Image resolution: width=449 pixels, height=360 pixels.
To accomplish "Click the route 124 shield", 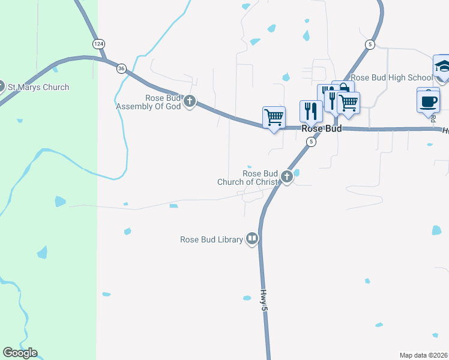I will pyautogui.click(x=98, y=44).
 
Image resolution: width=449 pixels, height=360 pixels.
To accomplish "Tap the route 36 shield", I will pyautogui.click(x=122, y=68).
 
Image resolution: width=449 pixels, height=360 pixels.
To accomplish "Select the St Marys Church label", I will pyautogui.click(x=38, y=87).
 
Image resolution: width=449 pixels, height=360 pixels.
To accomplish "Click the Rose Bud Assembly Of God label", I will pyautogui.click(x=148, y=103).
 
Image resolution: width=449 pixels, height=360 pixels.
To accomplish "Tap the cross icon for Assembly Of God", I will pyautogui.click(x=190, y=101).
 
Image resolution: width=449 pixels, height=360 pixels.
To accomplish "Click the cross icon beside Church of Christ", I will pyautogui.click(x=287, y=177).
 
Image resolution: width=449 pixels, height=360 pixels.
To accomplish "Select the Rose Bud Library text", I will pyautogui.click(x=211, y=239).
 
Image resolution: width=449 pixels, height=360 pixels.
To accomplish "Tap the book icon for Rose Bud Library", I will pyautogui.click(x=253, y=239).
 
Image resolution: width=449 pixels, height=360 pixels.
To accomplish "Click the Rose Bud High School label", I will pyautogui.click(x=391, y=77).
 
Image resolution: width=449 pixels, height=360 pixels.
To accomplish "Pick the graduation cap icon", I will pyautogui.click(x=442, y=67).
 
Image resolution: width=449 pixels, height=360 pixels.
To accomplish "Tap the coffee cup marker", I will pyautogui.click(x=427, y=100).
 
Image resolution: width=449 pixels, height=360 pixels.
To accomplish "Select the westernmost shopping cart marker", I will pyautogui.click(x=274, y=116).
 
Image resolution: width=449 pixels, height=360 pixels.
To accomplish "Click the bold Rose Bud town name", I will pyautogui.click(x=321, y=129).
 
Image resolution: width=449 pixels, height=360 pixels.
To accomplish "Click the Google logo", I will pyautogui.click(x=20, y=353).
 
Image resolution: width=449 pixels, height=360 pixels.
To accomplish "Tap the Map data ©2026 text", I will pyautogui.click(x=424, y=355).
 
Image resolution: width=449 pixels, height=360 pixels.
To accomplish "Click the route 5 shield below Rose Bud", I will pyautogui.click(x=310, y=142).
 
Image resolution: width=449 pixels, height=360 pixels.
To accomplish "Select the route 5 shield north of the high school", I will pyautogui.click(x=370, y=44).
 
